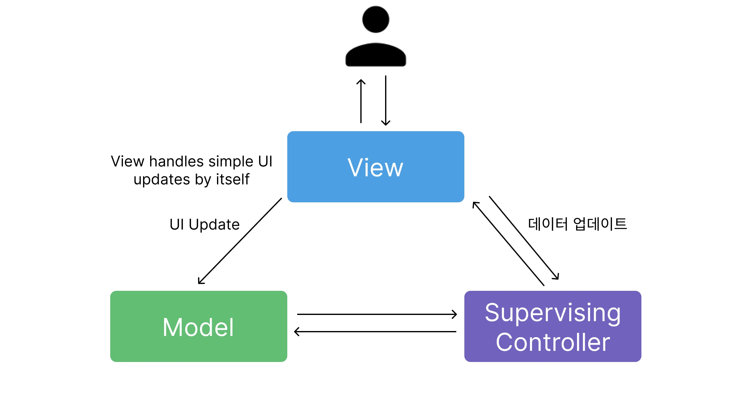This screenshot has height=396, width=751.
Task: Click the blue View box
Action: (375, 167)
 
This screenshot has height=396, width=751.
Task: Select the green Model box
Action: (198, 326)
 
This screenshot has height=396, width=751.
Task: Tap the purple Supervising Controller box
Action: (553, 326)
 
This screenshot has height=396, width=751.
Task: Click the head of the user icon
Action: (375, 19)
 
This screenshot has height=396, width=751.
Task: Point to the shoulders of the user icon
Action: (375, 55)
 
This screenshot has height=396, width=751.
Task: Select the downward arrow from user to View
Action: (386, 101)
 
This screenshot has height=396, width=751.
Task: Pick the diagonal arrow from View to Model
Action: (240, 241)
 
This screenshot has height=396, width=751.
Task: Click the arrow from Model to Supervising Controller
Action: (377, 314)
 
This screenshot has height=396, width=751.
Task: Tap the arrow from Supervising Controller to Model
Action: (375, 332)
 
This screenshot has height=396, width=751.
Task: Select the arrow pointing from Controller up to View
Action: (508, 244)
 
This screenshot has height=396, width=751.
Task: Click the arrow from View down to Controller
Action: (524, 238)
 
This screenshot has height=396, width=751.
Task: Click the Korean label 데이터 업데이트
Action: (577, 224)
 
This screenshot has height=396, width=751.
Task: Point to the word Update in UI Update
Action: (214, 225)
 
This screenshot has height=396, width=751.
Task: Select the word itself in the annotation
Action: (232, 179)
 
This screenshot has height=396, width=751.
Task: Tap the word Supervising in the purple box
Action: (553, 313)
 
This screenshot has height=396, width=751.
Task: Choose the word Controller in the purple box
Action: (553, 342)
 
